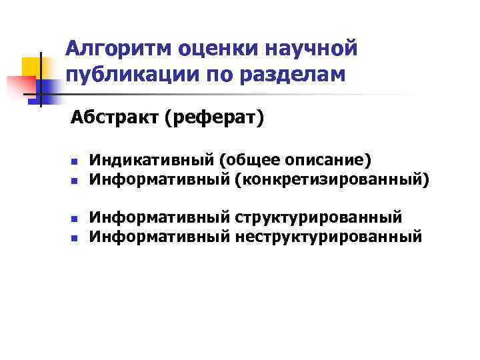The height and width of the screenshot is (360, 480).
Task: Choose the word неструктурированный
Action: pos(329,236)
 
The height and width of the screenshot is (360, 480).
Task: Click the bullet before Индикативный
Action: pos(75,162)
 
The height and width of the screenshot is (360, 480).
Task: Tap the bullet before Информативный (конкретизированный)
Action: pos(75,180)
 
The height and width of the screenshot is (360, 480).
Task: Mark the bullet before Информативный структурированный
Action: pos(75,219)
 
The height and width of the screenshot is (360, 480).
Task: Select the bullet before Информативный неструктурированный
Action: pos(75,237)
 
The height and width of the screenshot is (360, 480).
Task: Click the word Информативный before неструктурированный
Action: pos(160,236)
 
